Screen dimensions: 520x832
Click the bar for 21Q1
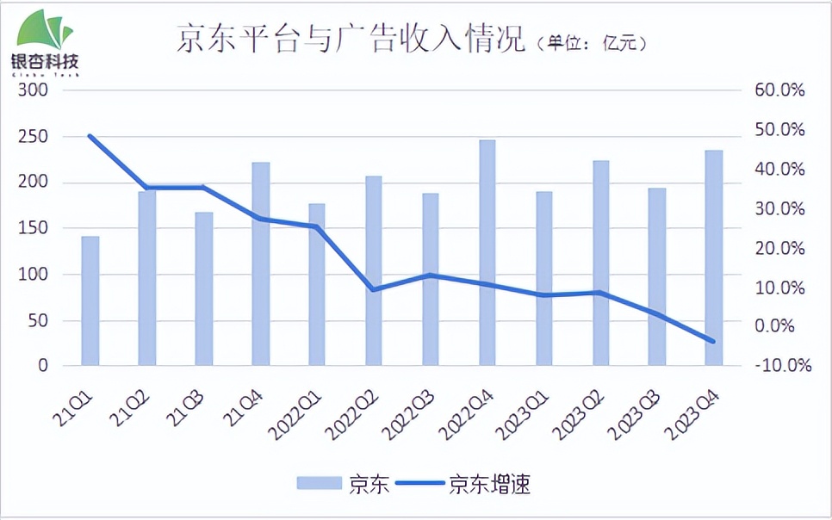tap(90, 300)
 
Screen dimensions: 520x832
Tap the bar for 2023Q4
tap(714, 257)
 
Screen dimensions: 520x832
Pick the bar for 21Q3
tap(204, 288)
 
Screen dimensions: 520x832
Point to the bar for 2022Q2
tap(374, 270)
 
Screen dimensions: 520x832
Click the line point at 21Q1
tap(90, 136)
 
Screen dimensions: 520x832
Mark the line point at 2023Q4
tap(714, 341)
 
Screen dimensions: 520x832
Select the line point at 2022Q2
tap(374, 289)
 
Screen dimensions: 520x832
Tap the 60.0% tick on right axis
tap(779, 90)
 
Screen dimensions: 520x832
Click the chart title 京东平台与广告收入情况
tap(351, 40)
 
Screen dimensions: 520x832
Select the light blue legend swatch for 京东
tap(319, 484)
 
